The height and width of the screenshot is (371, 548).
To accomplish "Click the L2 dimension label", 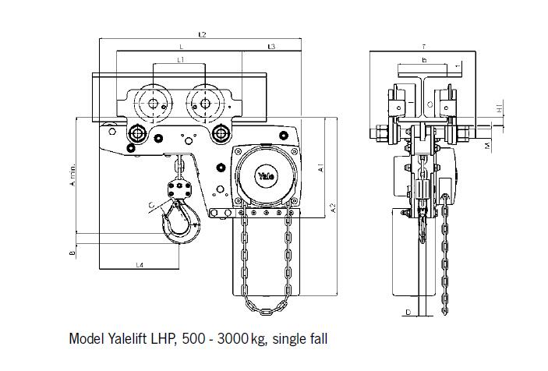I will coord(202,35).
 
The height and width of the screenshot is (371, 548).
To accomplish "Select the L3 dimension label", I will coord(271,48).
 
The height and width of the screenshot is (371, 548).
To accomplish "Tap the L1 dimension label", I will coord(180,60).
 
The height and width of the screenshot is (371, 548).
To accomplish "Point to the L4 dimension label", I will coord(139,265).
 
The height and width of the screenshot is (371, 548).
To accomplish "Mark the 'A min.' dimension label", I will coord(72,178).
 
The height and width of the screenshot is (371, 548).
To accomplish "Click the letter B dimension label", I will coord(72,253).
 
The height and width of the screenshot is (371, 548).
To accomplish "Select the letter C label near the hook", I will coord(150,205).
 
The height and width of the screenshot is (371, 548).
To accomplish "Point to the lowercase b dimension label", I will coord(423,60).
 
